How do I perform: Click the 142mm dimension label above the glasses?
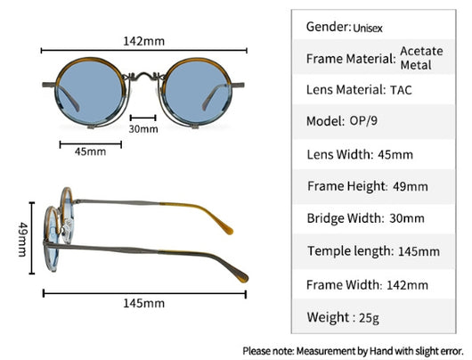(x=144, y=41)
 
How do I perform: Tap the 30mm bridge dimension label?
(x=143, y=129)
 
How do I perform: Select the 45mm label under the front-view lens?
(x=90, y=151)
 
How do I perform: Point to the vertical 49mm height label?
(x=23, y=240)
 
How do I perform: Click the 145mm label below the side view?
(x=144, y=303)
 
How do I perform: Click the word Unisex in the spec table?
(x=368, y=29)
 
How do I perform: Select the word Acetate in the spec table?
(x=421, y=51)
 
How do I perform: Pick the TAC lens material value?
(x=401, y=90)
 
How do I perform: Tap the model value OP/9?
(x=363, y=121)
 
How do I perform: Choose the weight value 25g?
(x=369, y=318)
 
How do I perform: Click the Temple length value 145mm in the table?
(x=419, y=251)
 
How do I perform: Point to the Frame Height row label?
(x=346, y=186)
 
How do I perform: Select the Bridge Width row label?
(x=346, y=218)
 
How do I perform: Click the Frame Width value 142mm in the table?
(x=407, y=285)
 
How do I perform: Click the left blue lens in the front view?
(x=90, y=92)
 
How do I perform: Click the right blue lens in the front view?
(x=197, y=92)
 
